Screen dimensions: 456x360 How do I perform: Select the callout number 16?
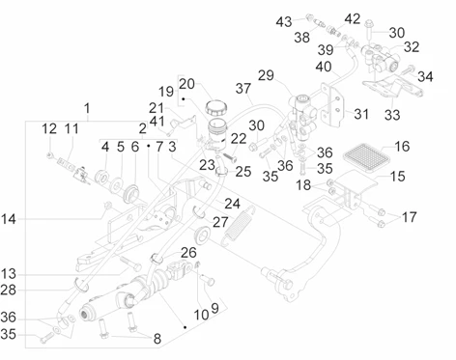[x=402, y=146]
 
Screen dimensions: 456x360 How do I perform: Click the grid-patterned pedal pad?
[x=367, y=156]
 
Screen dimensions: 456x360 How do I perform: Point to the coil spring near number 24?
[x=239, y=226]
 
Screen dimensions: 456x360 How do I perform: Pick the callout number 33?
[x=392, y=115]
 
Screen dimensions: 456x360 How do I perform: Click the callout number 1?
[x=87, y=108]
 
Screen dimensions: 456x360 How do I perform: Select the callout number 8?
[x=157, y=339]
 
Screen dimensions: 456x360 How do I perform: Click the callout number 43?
[x=284, y=22]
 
